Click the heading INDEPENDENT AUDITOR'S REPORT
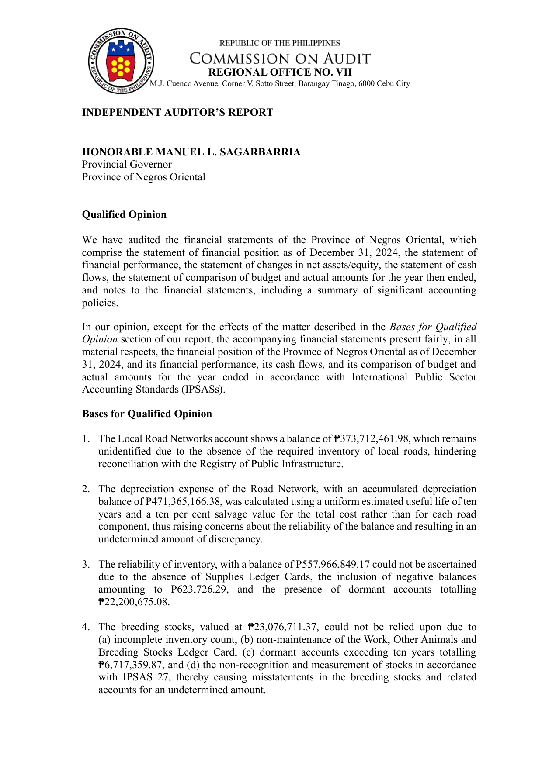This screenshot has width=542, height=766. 177,113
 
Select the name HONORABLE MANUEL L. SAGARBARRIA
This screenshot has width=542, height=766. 191,152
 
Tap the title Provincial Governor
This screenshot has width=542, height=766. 127,165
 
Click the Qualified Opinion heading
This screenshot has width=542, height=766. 124,214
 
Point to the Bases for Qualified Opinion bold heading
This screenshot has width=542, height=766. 147,414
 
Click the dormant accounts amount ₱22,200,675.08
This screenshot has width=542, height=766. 134,602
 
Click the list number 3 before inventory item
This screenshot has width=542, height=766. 85,564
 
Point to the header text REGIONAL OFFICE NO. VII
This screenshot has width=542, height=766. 280,72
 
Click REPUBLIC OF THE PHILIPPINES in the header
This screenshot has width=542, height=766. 280,43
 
